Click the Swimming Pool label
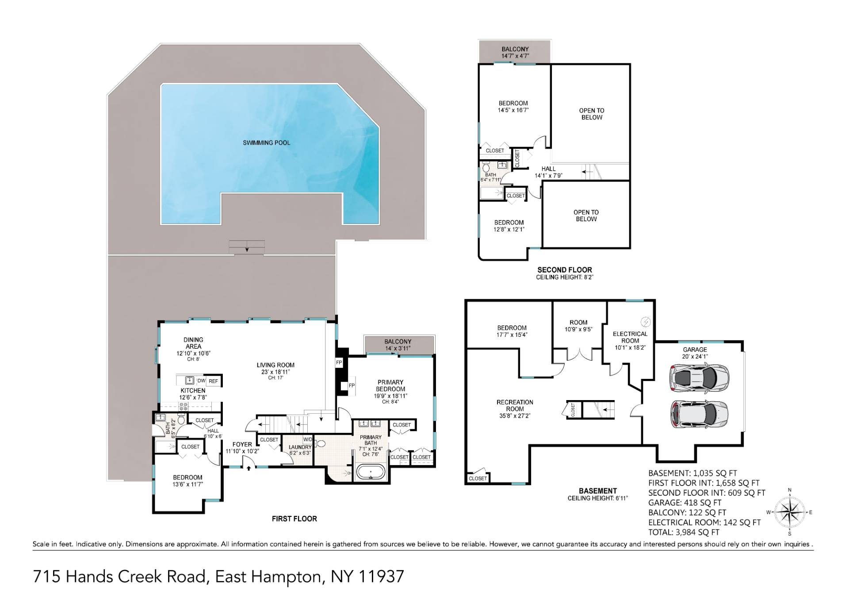[x=266, y=143]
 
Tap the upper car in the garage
[x=699, y=377]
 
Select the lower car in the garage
[x=699, y=414]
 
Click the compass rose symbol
[x=790, y=512]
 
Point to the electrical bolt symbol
[x=646, y=322]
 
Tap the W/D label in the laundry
[x=308, y=439]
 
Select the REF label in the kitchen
[x=213, y=381]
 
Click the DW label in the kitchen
[x=201, y=381]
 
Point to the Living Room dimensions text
[x=275, y=372]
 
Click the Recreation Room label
[x=515, y=405]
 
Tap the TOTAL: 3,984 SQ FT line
[x=684, y=532]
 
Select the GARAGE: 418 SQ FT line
[x=685, y=503]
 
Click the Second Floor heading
[x=564, y=270]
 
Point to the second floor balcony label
[x=515, y=49]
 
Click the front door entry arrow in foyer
[x=249, y=467]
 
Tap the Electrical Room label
[x=630, y=337]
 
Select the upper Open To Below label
[x=591, y=114]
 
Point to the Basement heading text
[x=597, y=491]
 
